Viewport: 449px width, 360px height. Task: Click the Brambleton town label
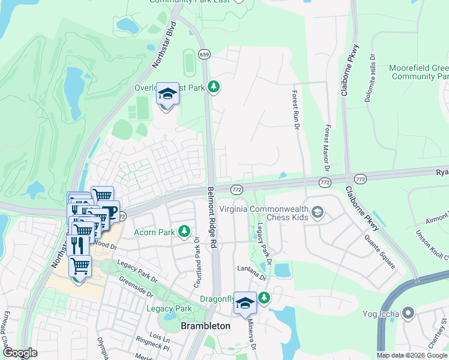205,325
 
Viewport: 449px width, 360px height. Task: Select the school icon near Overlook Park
167,95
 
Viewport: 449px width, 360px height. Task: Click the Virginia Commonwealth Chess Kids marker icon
318,212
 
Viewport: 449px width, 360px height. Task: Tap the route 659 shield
204,54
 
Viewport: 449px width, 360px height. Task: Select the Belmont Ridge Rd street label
211,217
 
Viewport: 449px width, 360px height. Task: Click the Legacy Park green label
169,309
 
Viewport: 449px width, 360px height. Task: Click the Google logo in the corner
20,353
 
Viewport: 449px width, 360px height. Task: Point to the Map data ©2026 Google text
412,355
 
